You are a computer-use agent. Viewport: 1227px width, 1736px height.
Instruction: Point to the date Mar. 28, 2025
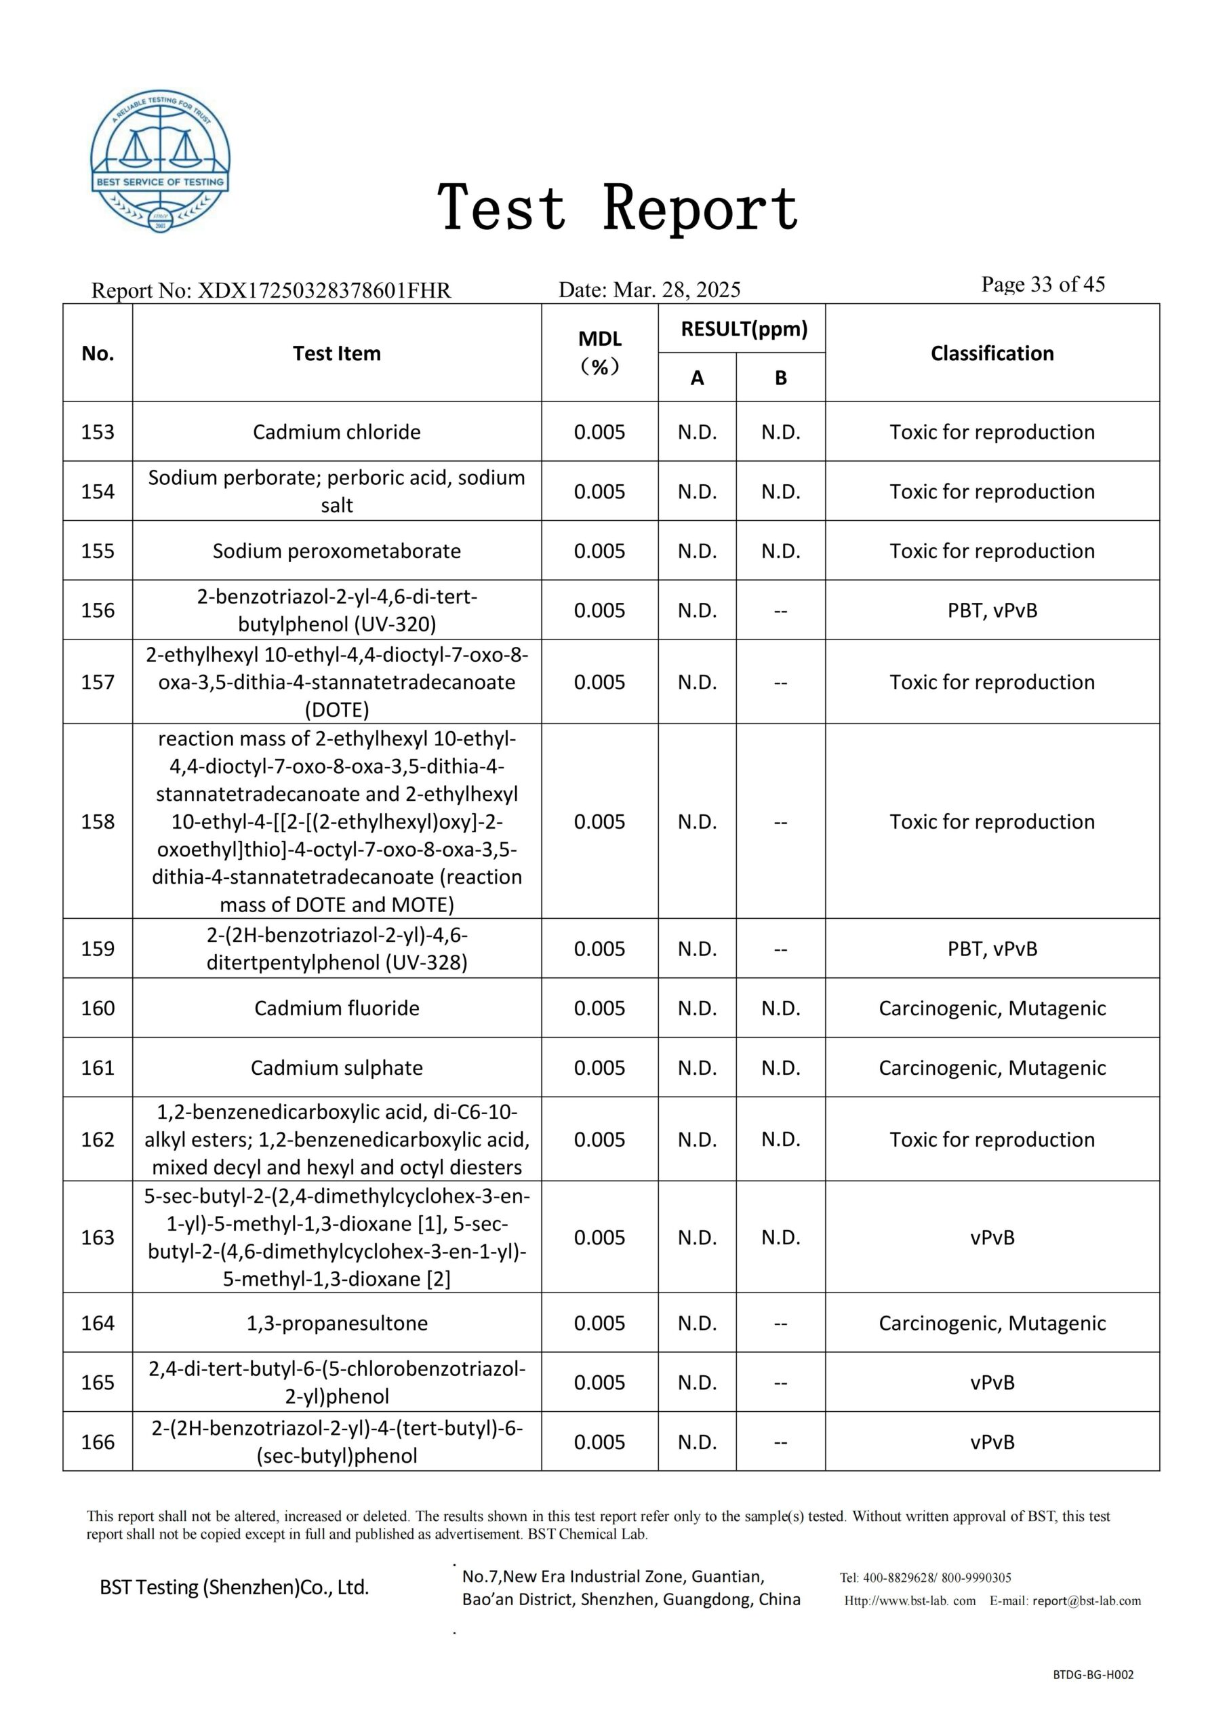(x=677, y=290)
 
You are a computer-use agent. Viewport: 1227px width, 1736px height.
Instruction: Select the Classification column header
(x=992, y=353)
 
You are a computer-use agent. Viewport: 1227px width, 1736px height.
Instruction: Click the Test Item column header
(x=336, y=353)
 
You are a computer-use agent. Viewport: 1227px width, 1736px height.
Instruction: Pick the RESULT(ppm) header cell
(x=744, y=329)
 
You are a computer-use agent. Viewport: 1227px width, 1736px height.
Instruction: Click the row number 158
(x=98, y=821)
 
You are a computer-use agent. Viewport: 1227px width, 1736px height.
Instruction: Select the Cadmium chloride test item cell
(x=336, y=432)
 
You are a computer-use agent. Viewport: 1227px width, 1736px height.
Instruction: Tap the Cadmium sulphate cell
(x=336, y=1067)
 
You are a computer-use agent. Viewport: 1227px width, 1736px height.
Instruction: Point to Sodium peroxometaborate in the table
(x=336, y=551)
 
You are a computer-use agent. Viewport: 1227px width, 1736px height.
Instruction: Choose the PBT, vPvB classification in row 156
(x=992, y=610)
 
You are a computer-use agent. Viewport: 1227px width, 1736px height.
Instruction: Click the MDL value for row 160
(x=599, y=1008)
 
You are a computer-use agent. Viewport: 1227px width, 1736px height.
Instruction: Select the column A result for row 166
(x=697, y=1442)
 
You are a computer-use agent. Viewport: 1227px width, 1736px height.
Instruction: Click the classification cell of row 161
(x=992, y=1067)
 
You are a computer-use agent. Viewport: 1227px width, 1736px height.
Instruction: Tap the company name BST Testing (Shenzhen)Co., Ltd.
(x=235, y=1587)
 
